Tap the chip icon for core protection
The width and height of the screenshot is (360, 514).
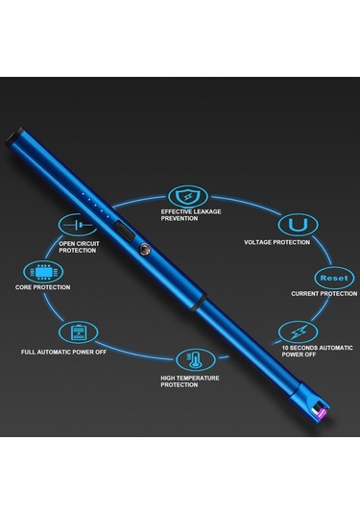[x=40, y=271]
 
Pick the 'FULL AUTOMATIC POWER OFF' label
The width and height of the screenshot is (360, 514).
[x=63, y=352]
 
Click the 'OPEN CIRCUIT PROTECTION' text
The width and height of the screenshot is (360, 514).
[x=80, y=247]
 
